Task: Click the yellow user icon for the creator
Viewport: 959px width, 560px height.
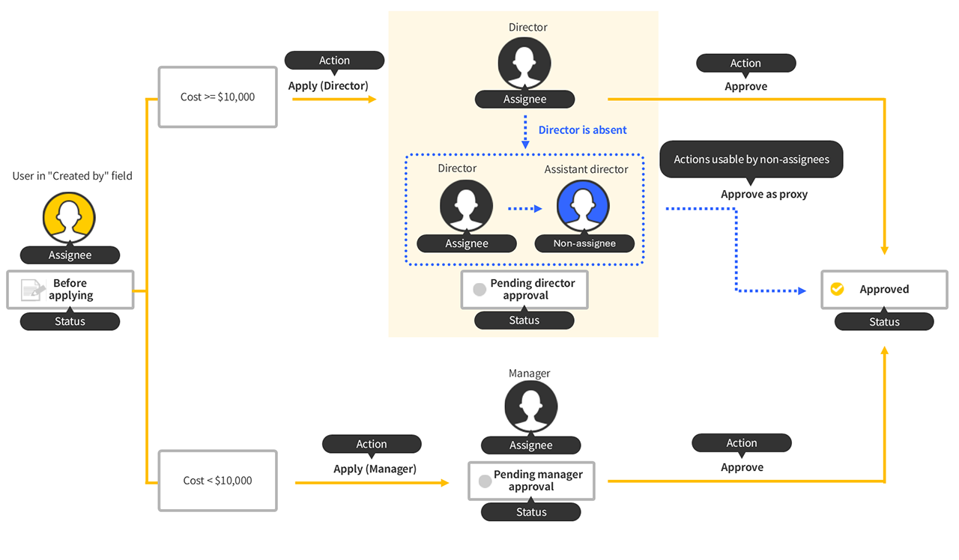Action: point(69,218)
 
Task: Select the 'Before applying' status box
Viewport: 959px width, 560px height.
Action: point(70,290)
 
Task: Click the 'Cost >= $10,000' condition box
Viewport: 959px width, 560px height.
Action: point(217,97)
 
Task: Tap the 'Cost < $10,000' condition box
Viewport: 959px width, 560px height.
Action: point(217,481)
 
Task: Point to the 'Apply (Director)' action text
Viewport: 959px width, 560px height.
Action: point(328,85)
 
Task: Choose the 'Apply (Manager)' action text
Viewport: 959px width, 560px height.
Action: point(375,469)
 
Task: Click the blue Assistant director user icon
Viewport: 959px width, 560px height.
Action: point(583,206)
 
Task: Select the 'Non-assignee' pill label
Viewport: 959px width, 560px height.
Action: point(584,243)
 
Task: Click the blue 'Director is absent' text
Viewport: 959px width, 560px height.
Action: point(582,130)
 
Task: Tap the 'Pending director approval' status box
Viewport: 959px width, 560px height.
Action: point(524,290)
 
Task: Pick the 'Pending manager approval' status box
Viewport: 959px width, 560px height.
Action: point(531,481)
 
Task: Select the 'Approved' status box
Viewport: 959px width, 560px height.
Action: point(884,290)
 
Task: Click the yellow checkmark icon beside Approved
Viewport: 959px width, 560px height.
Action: point(837,289)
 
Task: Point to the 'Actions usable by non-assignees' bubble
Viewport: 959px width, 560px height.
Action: point(751,159)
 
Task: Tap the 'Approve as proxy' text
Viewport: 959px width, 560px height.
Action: point(764,194)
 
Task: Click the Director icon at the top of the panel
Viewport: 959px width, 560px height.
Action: point(524,63)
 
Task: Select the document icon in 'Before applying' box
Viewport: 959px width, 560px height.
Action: point(32,290)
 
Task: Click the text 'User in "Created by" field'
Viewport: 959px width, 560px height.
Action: point(72,176)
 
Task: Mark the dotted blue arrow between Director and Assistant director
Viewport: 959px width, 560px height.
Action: point(524,209)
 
